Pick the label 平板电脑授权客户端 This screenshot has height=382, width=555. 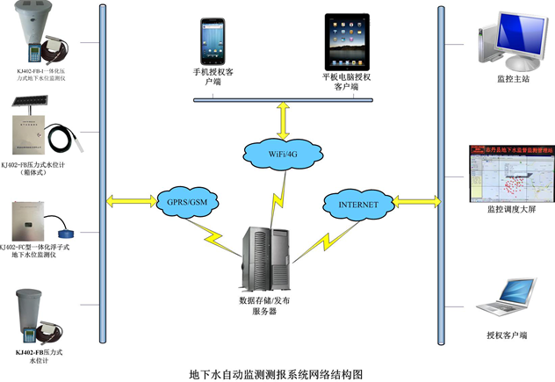(x=346, y=81)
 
